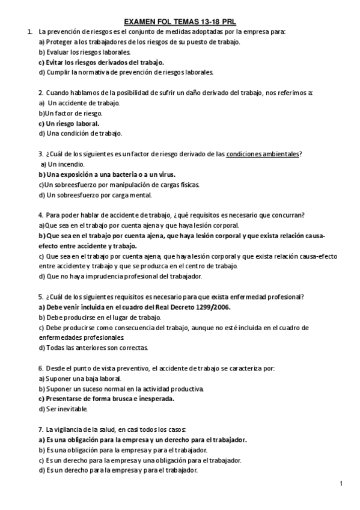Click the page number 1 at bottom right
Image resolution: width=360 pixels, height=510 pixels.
coord(341,483)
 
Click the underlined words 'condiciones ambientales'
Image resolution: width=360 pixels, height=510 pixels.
coord(263,154)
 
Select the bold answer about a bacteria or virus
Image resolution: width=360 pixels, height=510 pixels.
coord(96,174)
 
